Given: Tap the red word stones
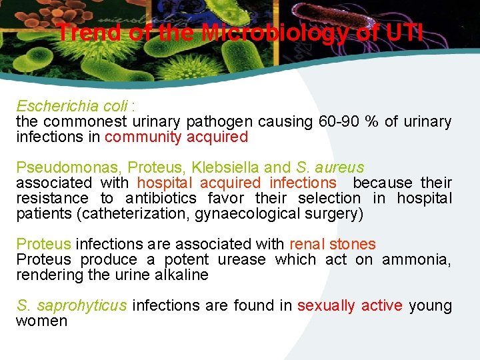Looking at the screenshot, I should pos(353,245).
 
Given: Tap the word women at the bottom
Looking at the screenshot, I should pos(41,321).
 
